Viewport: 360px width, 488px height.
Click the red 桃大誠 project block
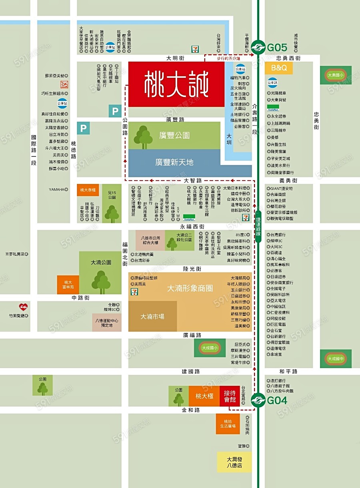[x=176, y=84]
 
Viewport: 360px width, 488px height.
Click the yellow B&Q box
[x=279, y=68]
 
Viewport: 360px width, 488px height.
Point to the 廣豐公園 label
[x=174, y=135]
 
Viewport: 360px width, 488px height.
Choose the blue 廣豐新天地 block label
[x=174, y=162]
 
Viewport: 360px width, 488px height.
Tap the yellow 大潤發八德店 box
[x=234, y=462]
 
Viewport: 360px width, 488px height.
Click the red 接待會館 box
[x=230, y=396]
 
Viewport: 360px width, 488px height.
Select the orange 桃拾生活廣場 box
[x=228, y=424]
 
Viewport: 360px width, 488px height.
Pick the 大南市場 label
[x=152, y=316]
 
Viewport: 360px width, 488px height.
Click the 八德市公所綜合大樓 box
[x=150, y=240]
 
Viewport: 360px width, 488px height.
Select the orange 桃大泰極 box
[x=88, y=190]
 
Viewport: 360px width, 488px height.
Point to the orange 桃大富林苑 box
[x=68, y=285]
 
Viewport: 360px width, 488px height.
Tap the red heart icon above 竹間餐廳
[x=23, y=307]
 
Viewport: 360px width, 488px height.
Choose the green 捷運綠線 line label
[x=258, y=227]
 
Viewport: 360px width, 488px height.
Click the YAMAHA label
[x=56, y=189]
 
